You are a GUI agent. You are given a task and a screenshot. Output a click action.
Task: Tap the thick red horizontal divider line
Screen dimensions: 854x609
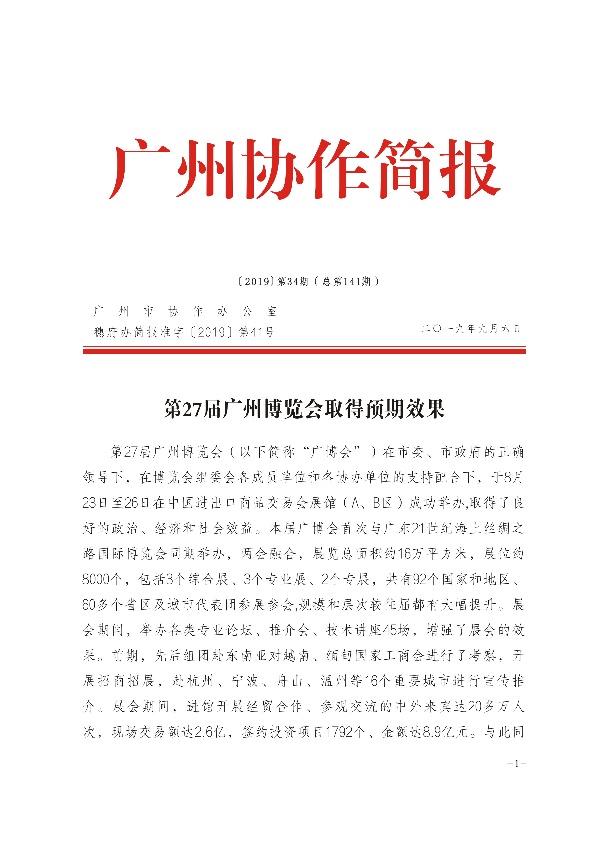coord(304,351)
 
